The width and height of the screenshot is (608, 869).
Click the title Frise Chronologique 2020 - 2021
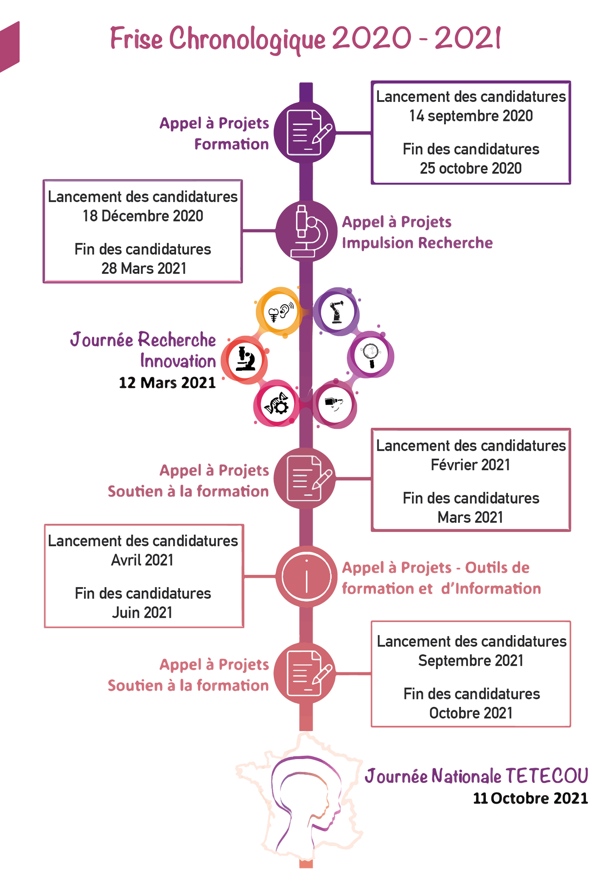coord(305,39)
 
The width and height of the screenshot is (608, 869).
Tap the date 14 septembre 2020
coord(471,116)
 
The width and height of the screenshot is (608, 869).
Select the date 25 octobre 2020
coord(471,168)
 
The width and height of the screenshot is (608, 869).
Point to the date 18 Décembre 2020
coord(143,216)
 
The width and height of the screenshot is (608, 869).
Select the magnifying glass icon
coord(370,355)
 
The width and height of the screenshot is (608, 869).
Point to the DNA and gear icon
coord(277,404)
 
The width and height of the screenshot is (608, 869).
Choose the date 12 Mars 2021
coord(167,383)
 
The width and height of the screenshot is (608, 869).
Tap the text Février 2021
coord(470,465)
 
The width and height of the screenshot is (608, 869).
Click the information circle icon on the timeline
coord(306,576)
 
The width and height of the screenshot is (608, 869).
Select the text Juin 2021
coord(142,613)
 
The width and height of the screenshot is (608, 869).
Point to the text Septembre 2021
coord(471,661)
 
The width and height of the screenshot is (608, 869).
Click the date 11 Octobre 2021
coord(530,798)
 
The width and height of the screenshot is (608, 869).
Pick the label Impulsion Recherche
coord(417,243)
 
